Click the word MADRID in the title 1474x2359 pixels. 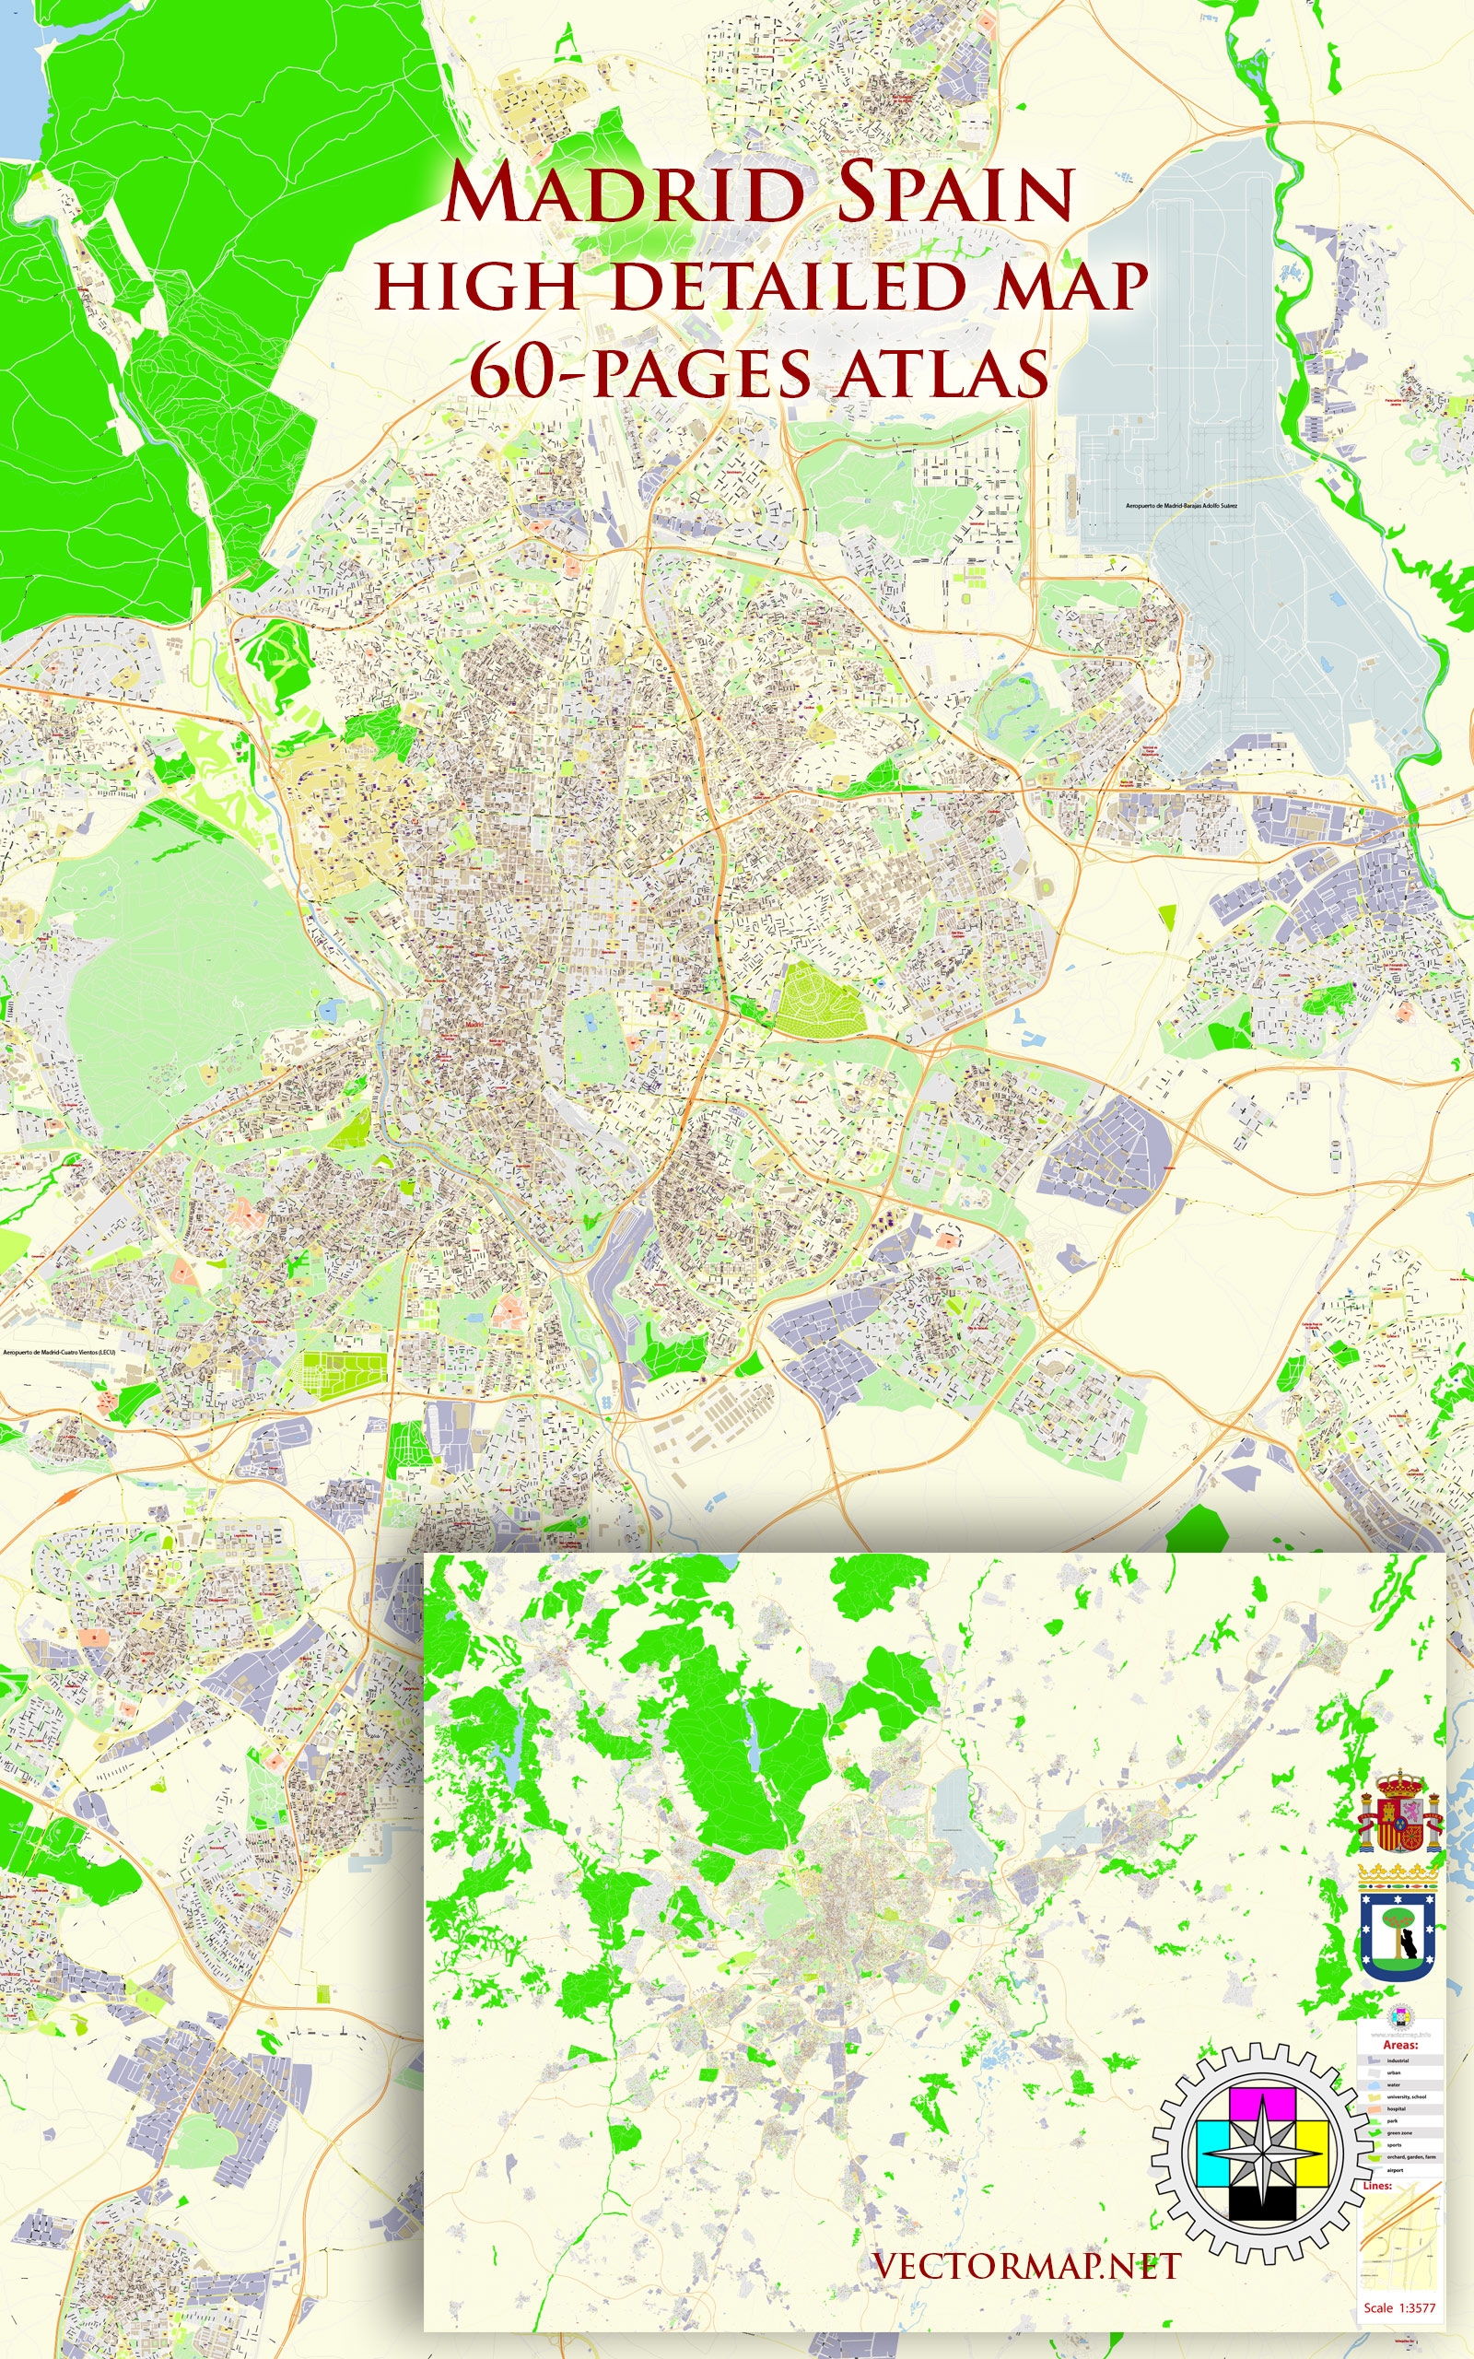[623, 194]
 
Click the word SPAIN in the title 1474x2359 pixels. [955, 194]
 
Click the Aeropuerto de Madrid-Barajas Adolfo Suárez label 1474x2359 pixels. [1182, 506]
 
